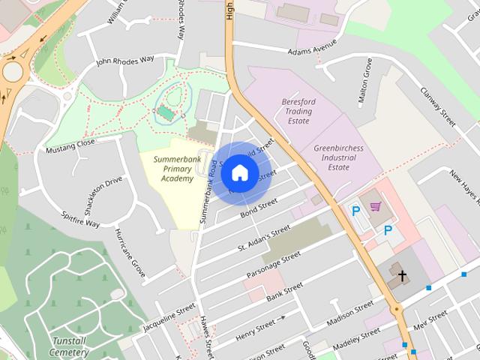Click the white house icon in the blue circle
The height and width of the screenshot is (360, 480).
coord(238,172)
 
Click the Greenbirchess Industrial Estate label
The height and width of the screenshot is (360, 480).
coord(338,157)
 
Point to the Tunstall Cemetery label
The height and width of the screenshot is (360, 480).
coord(72,346)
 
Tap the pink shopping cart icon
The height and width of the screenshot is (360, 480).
coord(374,206)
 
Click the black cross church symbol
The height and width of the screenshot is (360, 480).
coord(402,276)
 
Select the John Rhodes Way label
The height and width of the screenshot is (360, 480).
coord(124,59)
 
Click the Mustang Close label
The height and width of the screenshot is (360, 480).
coord(70,142)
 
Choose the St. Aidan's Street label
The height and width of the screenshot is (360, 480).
coord(263,238)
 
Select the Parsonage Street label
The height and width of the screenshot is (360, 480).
coord(274,264)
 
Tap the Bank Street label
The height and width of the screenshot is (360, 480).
coord(284,292)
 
